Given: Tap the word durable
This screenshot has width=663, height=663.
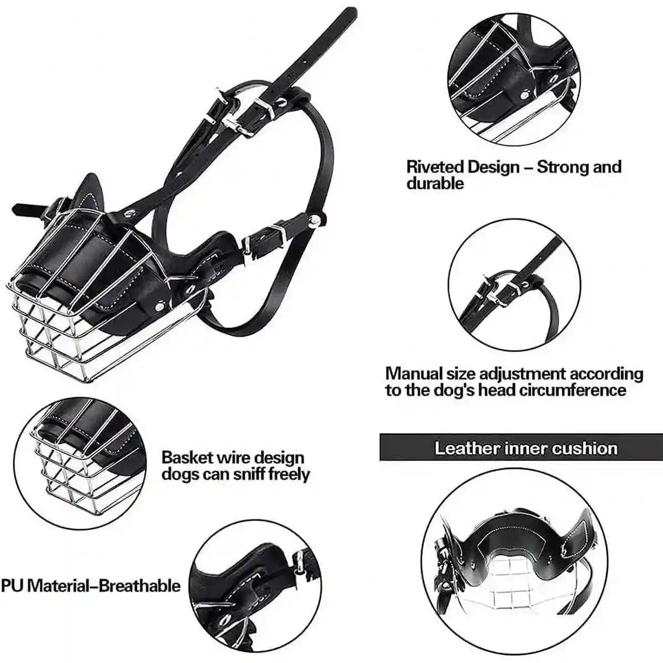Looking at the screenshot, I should pyautogui.click(x=435, y=183).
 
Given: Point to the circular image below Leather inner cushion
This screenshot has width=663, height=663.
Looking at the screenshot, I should pyautogui.click(x=514, y=569).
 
